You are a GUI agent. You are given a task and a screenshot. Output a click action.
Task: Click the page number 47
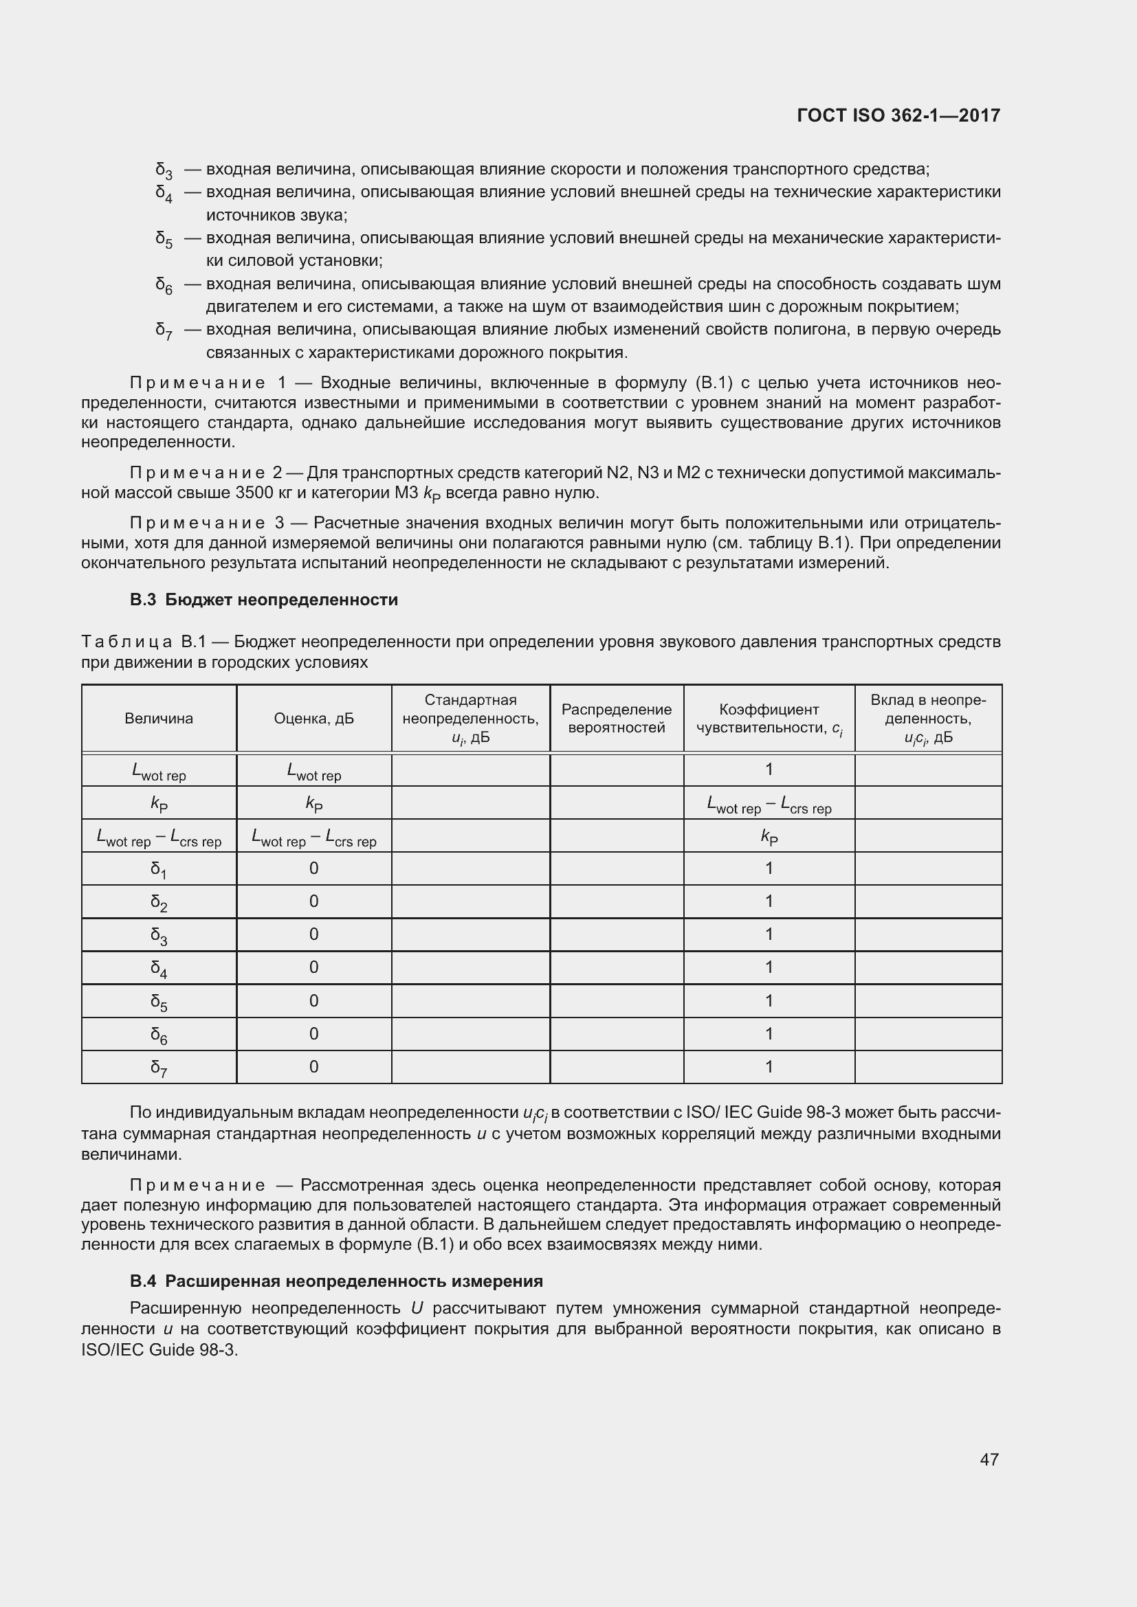989,1459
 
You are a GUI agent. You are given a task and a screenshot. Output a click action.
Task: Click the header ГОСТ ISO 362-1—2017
898,115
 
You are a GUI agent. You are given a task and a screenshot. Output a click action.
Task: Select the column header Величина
159,718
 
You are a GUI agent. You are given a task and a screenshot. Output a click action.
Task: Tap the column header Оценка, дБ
313,718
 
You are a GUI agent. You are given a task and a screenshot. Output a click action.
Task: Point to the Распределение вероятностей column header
616,718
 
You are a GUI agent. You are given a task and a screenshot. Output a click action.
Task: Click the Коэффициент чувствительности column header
769,718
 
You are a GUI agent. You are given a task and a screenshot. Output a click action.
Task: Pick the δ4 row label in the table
159,968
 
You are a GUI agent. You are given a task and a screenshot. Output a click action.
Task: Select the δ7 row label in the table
159,1068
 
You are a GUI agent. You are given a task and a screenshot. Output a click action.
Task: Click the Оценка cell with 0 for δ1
313,868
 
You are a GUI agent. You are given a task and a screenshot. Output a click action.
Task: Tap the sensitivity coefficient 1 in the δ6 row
769,1034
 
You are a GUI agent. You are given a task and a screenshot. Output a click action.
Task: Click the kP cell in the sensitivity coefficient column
769,836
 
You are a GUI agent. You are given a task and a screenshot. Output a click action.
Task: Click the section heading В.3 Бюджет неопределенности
263,600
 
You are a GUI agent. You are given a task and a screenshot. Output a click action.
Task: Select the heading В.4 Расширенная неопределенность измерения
336,1281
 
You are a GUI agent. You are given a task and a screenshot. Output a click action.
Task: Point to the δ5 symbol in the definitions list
163,239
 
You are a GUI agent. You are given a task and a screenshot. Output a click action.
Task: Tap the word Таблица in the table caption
126,642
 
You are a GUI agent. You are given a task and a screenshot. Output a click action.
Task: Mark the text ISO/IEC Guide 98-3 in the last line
159,1350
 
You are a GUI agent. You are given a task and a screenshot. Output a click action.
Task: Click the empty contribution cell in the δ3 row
927,934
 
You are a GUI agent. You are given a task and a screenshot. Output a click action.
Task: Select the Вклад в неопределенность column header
927,718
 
